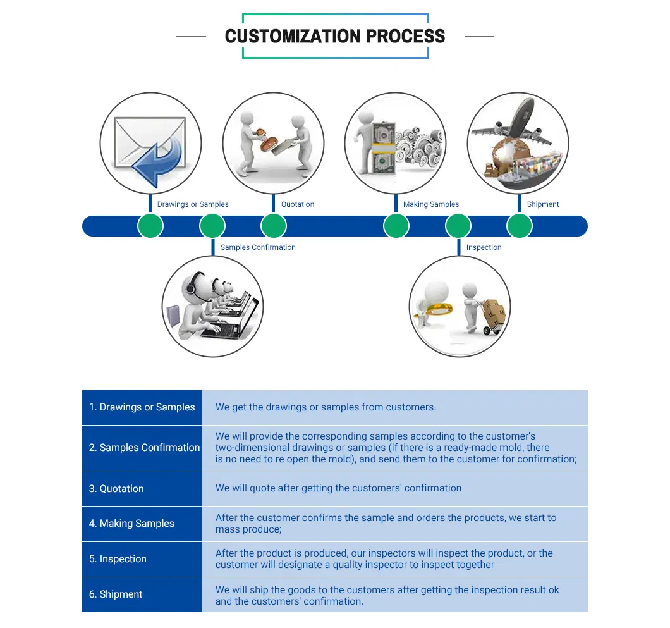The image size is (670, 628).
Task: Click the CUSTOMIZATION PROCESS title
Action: [335, 36]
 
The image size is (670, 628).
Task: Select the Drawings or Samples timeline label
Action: [193, 204]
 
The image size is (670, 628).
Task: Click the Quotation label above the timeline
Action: [298, 204]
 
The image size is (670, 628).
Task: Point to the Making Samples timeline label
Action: [431, 204]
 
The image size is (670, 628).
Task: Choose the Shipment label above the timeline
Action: [543, 204]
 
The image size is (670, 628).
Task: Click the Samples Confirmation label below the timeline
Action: [258, 247]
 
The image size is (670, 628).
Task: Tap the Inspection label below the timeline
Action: [484, 247]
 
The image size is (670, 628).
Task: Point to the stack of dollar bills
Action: [383, 149]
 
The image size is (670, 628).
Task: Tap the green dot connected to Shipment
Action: [519, 226]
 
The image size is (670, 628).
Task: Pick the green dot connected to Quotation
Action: [273, 226]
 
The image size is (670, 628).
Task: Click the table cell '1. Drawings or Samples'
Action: [142, 407]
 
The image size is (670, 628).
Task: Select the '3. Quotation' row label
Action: [116, 488]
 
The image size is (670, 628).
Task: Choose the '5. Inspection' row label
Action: [118, 559]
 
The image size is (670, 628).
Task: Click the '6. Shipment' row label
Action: [116, 594]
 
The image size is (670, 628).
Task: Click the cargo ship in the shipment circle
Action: [528, 170]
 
